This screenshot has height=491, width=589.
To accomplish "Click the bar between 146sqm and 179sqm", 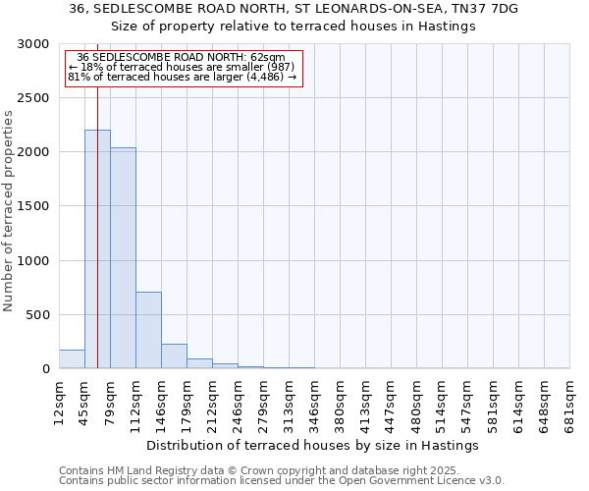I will pos(174,356).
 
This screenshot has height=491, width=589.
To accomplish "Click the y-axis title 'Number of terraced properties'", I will pos(9,211).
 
